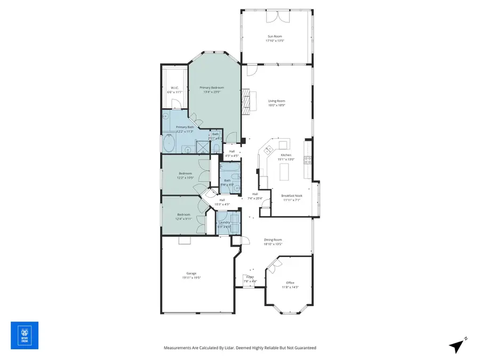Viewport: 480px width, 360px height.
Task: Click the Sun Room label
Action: pyautogui.click(x=275, y=36)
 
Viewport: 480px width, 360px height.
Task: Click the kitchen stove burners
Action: pyautogui.click(x=307, y=159)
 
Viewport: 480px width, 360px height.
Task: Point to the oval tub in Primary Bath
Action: pyautogui.click(x=170, y=143)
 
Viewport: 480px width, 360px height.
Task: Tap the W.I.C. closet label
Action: pyautogui.click(x=174, y=88)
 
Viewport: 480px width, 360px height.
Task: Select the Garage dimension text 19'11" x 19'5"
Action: pyautogui.click(x=191, y=277)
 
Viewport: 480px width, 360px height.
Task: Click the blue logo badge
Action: pyautogui.click(x=25, y=335)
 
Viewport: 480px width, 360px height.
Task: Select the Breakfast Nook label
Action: pyautogui.click(x=291, y=196)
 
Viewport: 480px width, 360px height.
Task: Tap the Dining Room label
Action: pyautogui.click(x=273, y=240)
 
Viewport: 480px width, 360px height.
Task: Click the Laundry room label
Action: pyautogui.click(x=224, y=222)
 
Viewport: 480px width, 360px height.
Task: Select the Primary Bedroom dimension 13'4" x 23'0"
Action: pyautogui.click(x=212, y=92)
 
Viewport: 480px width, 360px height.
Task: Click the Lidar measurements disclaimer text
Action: pyautogui.click(x=239, y=348)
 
